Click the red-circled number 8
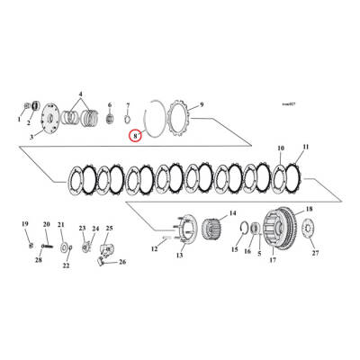(134, 137)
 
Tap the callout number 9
(202, 104)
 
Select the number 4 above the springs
(80, 94)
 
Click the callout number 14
(232, 213)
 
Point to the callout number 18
(310, 209)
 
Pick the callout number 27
(315, 253)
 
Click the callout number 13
(178, 256)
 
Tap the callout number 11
(306, 147)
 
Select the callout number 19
(25, 223)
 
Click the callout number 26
(123, 262)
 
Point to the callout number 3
(31, 136)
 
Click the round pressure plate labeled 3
(53, 118)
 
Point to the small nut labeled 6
(109, 117)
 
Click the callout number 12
(154, 247)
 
